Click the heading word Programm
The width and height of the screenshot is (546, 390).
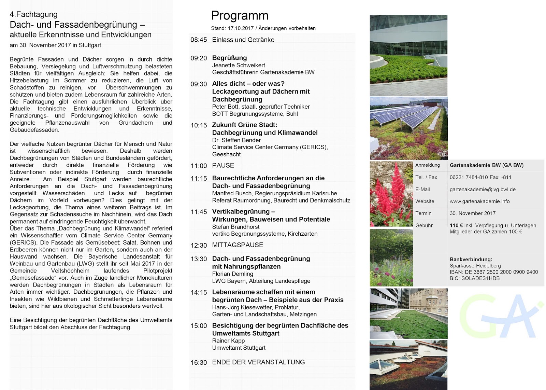coord(240,16)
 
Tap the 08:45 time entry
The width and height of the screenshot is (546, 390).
coord(199,40)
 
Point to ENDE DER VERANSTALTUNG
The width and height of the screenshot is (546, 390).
coord(258,362)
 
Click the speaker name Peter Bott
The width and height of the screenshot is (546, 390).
coord(225,107)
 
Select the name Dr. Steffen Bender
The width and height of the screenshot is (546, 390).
coord(236,140)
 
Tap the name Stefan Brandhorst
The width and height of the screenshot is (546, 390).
coord(235,227)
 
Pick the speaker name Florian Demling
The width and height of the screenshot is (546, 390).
coord(232,274)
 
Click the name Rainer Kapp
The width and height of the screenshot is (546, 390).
coord(228,341)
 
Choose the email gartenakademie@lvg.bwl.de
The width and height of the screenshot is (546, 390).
coord(482,190)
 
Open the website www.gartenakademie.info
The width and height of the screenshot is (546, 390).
coord(479,201)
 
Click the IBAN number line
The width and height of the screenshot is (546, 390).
coord(493,272)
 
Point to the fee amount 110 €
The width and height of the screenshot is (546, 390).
coord(456,225)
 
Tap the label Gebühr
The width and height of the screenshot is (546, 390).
coord(424,225)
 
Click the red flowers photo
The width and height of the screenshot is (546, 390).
coord(391,194)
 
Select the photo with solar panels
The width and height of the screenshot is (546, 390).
coord(408,128)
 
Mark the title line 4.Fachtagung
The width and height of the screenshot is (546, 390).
coord(33,14)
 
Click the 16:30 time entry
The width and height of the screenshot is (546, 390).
coord(199,363)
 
